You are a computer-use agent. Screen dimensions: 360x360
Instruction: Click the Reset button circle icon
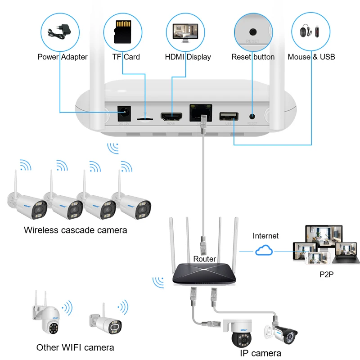pyautogui.click(x=253, y=31)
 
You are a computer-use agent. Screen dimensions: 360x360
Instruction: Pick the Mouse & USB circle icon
pyautogui.click(x=311, y=31)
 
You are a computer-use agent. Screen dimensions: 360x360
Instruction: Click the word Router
pyautogui.click(x=205, y=259)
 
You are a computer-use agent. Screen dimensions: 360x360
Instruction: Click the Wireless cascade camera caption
pyautogui.click(x=76, y=230)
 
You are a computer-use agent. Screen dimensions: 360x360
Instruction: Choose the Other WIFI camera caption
pyautogui.click(x=75, y=347)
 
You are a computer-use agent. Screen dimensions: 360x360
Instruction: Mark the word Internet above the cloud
pyautogui.click(x=265, y=236)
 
